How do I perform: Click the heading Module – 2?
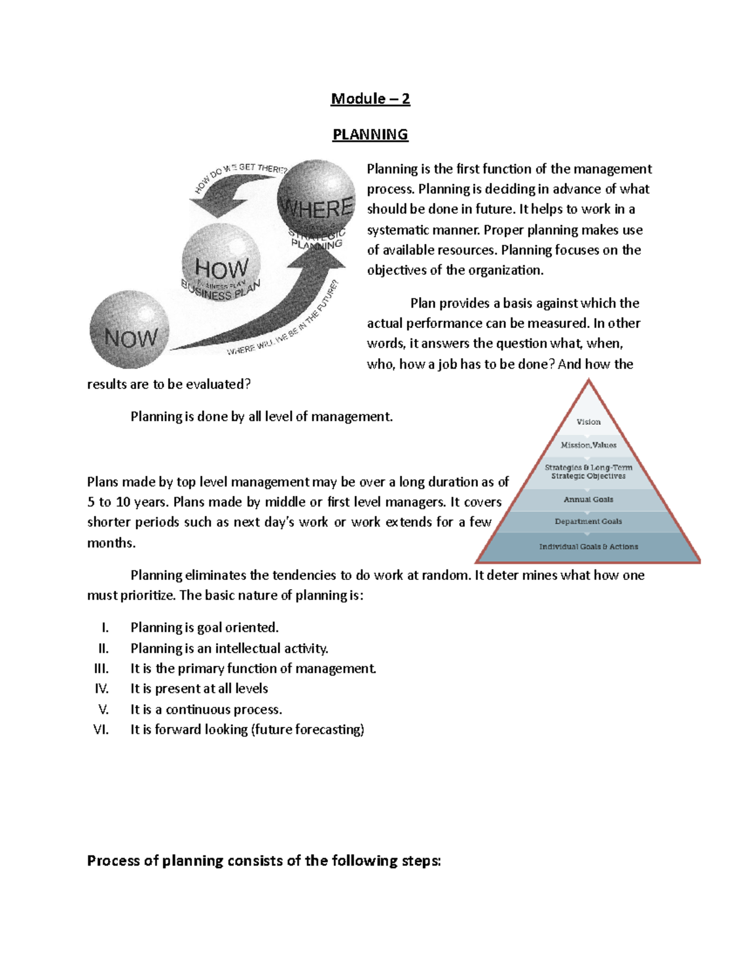click(370, 99)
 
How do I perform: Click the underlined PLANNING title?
click(370, 135)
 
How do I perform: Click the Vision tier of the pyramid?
click(588, 422)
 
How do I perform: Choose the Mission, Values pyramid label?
click(588, 445)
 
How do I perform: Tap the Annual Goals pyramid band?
click(588, 500)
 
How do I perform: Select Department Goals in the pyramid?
click(588, 522)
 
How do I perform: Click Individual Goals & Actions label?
click(588, 547)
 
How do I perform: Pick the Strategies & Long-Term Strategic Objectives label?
click(588, 472)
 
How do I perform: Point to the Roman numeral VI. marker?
click(101, 729)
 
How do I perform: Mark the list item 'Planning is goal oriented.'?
click(204, 628)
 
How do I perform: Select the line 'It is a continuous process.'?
click(206, 710)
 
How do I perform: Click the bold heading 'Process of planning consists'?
click(264, 861)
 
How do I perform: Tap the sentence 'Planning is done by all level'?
click(261, 417)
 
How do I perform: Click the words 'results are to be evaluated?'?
click(169, 384)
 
